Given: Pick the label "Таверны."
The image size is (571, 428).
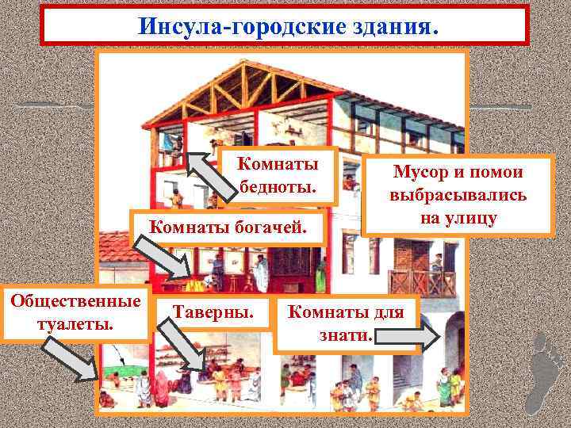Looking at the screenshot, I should point(213,312).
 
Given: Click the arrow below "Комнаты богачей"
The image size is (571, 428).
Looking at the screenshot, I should point(163,258).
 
